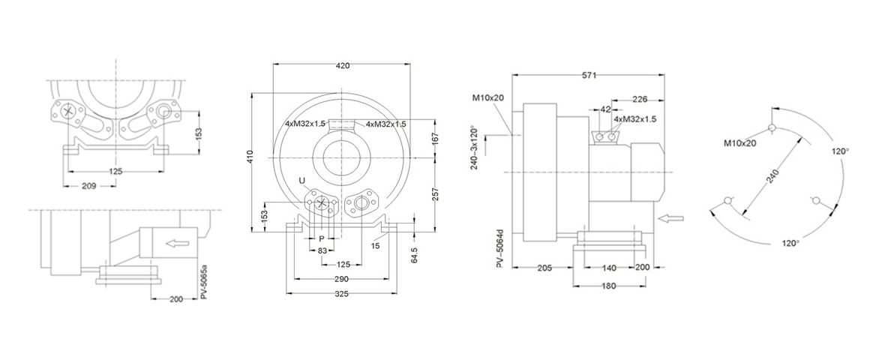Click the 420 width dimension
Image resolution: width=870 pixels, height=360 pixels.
pos(343,66)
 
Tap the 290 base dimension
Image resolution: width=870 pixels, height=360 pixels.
pos(340,278)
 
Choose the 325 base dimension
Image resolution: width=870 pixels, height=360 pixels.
pos(342,294)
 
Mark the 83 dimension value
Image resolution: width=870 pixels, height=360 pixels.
pos(321,250)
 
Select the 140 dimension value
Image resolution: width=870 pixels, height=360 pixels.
pos(608,268)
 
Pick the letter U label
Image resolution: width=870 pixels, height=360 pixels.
pos(302,181)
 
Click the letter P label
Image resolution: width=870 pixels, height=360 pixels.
pos(321,238)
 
